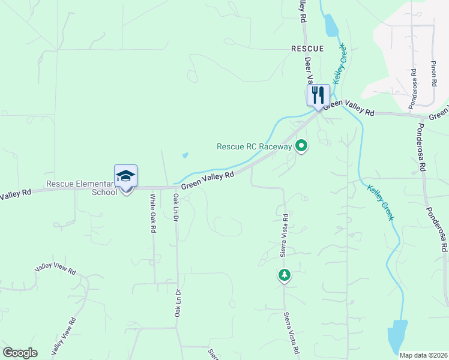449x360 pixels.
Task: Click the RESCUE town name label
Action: coord(307,48)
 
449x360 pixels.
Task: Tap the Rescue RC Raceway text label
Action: coord(254,146)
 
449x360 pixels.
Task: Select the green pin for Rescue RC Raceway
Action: coord(301,146)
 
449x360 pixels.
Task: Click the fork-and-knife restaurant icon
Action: coord(318,94)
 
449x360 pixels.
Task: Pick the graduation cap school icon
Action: coord(125,176)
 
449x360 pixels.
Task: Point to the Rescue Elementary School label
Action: coord(81,188)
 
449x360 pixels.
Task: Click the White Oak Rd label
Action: coord(154,213)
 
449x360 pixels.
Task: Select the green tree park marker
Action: coord(284,275)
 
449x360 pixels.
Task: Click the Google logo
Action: coord(20,353)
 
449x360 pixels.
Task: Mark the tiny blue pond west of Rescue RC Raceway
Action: coord(185,155)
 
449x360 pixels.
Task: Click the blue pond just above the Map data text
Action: coord(397,336)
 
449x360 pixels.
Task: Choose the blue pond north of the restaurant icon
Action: coord(331,25)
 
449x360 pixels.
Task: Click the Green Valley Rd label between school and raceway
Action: coord(207,181)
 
